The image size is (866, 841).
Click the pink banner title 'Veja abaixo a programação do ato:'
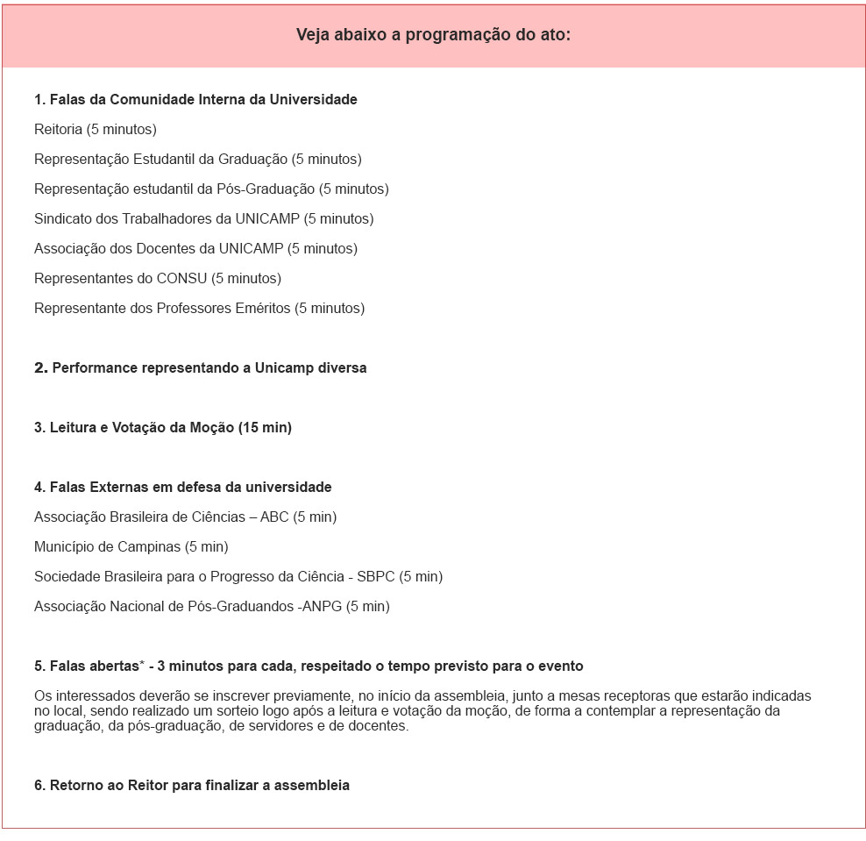click(433, 35)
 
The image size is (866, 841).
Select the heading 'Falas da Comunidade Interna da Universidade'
click(195, 100)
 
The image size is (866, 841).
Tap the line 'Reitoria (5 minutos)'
click(96, 130)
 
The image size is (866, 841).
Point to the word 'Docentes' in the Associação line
click(164, 249)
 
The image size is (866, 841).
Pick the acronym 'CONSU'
click(181, 279)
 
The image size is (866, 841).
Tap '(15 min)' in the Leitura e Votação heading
click(265, 428)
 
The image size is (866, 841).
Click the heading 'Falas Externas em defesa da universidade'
click(183, 488)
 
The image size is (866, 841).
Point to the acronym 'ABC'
click(274, 517)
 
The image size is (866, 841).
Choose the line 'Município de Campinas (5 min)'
click(131, 547)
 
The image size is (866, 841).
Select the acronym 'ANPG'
click(321, 607)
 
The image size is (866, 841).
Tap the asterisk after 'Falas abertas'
click(142, 664)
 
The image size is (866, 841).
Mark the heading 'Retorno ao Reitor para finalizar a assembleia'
click(192, 786)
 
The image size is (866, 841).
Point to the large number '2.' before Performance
click(40, 368)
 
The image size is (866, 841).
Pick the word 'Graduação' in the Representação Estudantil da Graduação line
click(254, 160)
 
